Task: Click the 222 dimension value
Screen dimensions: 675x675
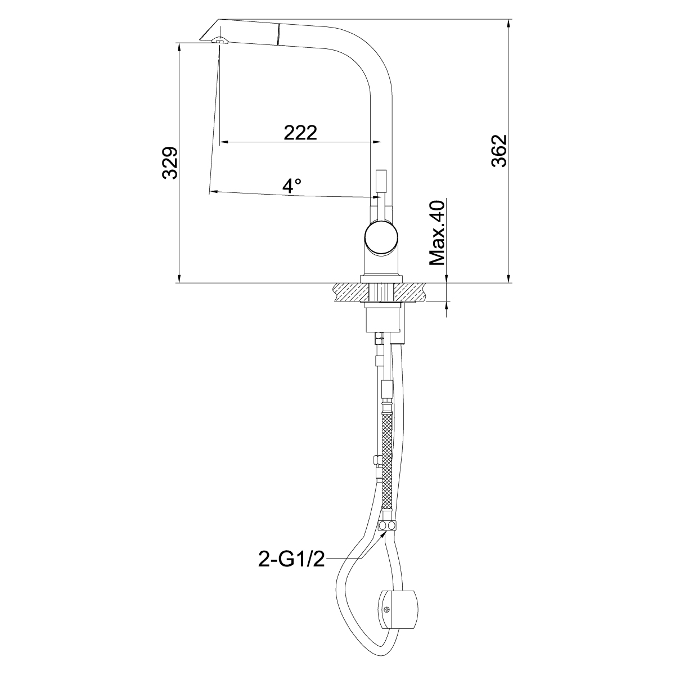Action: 300,133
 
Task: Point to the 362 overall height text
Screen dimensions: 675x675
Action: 499,150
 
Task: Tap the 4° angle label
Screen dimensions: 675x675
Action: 292,186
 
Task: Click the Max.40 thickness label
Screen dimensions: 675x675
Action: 437,233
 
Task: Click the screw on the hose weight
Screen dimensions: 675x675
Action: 386,609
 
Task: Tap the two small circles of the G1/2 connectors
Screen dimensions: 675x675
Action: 387,526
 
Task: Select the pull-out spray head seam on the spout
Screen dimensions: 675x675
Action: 277,34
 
